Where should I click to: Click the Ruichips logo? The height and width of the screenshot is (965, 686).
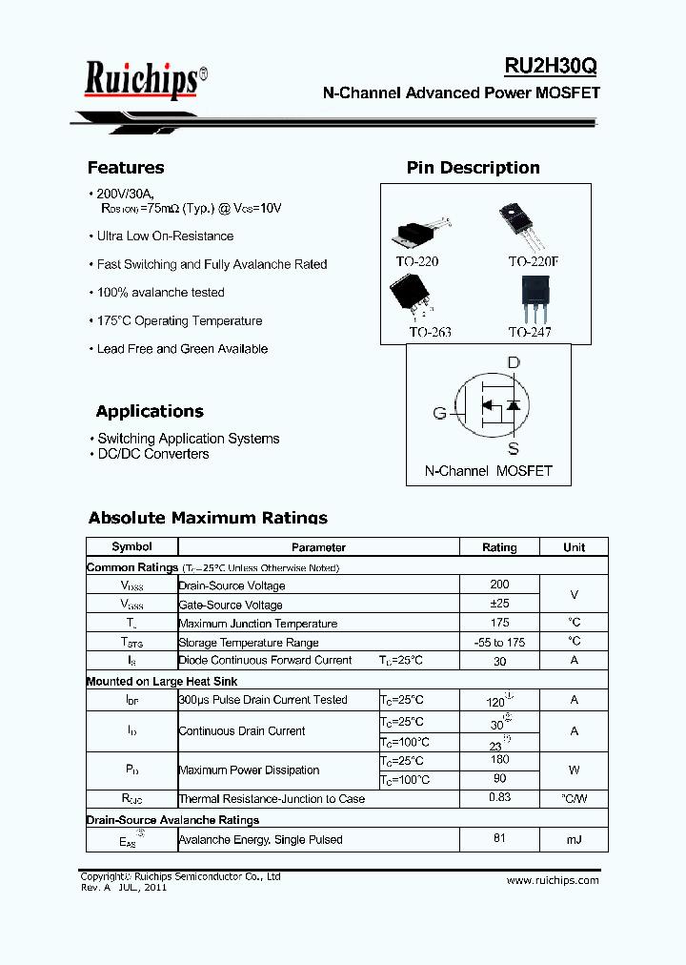pyautogui.click(x=143, y=79)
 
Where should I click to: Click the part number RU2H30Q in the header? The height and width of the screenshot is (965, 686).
pyautogui.click(x=551, y=66)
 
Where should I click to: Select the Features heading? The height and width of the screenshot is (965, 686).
pyautogui.click(x=126, y=168)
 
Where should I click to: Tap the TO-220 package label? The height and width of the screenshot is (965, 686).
pyautogui.click(x=417, y=261)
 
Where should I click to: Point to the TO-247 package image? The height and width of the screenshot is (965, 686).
pyautogui.click(x=530, y=299)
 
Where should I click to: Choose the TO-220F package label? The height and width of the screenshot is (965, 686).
pyautogui.click(x=535, y=261)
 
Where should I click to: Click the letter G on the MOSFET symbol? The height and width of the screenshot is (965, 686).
pyautogui.click(x=439, y=413)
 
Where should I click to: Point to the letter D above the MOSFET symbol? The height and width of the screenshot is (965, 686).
pyautogui.click(x=514, y=362)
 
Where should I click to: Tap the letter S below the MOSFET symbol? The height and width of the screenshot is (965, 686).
pyautogui.click(x=514, y=449)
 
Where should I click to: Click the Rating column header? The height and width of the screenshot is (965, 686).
pyautogui.click(x=499, y=547)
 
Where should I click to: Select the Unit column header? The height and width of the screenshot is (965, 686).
pyautogui.click(x=574, y=547)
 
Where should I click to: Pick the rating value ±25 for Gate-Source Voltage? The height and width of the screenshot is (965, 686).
pyautogui.click(x=499, y=604)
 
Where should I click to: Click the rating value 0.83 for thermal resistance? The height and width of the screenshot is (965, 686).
pyautogui.click(x=499, y=797)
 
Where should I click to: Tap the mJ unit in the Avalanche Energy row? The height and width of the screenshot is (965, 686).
pyautogui.click(x=574, y=839)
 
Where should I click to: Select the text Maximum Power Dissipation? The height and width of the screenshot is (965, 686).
pyautogui.click(x=249, y=770)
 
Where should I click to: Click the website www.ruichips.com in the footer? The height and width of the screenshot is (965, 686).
pyautogui.click(x=554, y=880)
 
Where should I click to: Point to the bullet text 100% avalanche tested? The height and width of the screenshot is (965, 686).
pyautogui.click(x=161, y=293)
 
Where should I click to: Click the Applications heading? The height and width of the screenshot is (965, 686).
pyautogui.click(x=150, y=411)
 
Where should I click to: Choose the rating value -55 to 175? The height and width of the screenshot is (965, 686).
pyautogui.click(x=499, y=642)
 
